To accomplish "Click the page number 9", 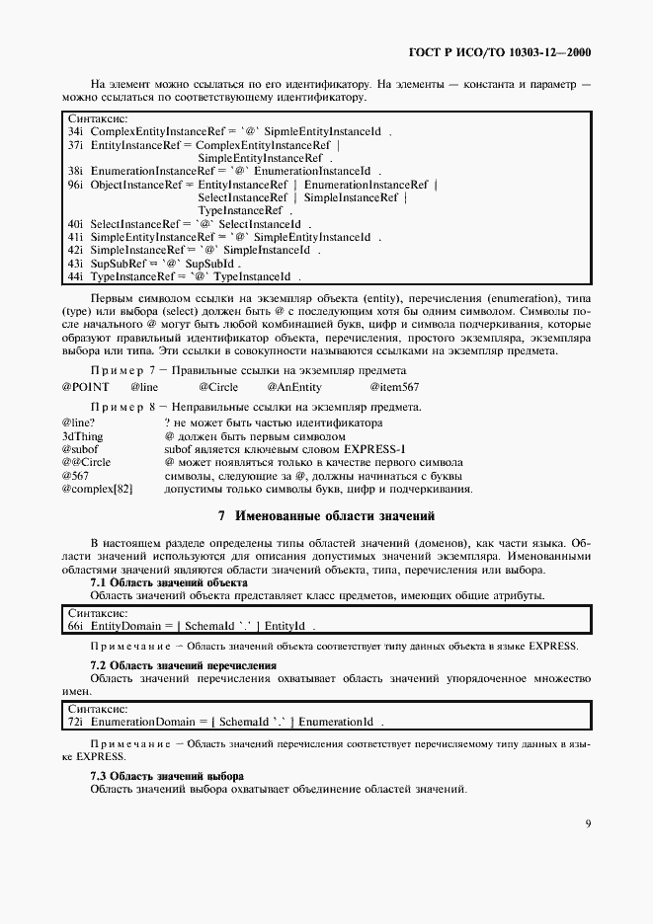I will pos(588,823).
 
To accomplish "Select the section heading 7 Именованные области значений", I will pos(326,515).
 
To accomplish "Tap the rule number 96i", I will pos(75,184).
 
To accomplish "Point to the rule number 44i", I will pos(75,276).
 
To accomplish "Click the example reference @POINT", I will pos(85,387).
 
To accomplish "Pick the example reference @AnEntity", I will pos(296,387).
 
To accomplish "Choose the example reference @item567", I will pos(394,387).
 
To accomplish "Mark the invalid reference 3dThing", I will pos(83,435).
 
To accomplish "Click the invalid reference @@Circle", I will pos(86,462).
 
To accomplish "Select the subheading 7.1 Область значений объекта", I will pos(169,582).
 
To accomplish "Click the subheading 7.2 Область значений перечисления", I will pos(183,665).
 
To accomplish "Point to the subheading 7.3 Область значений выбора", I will pos(167,776).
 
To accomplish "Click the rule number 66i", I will pos(74,626).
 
